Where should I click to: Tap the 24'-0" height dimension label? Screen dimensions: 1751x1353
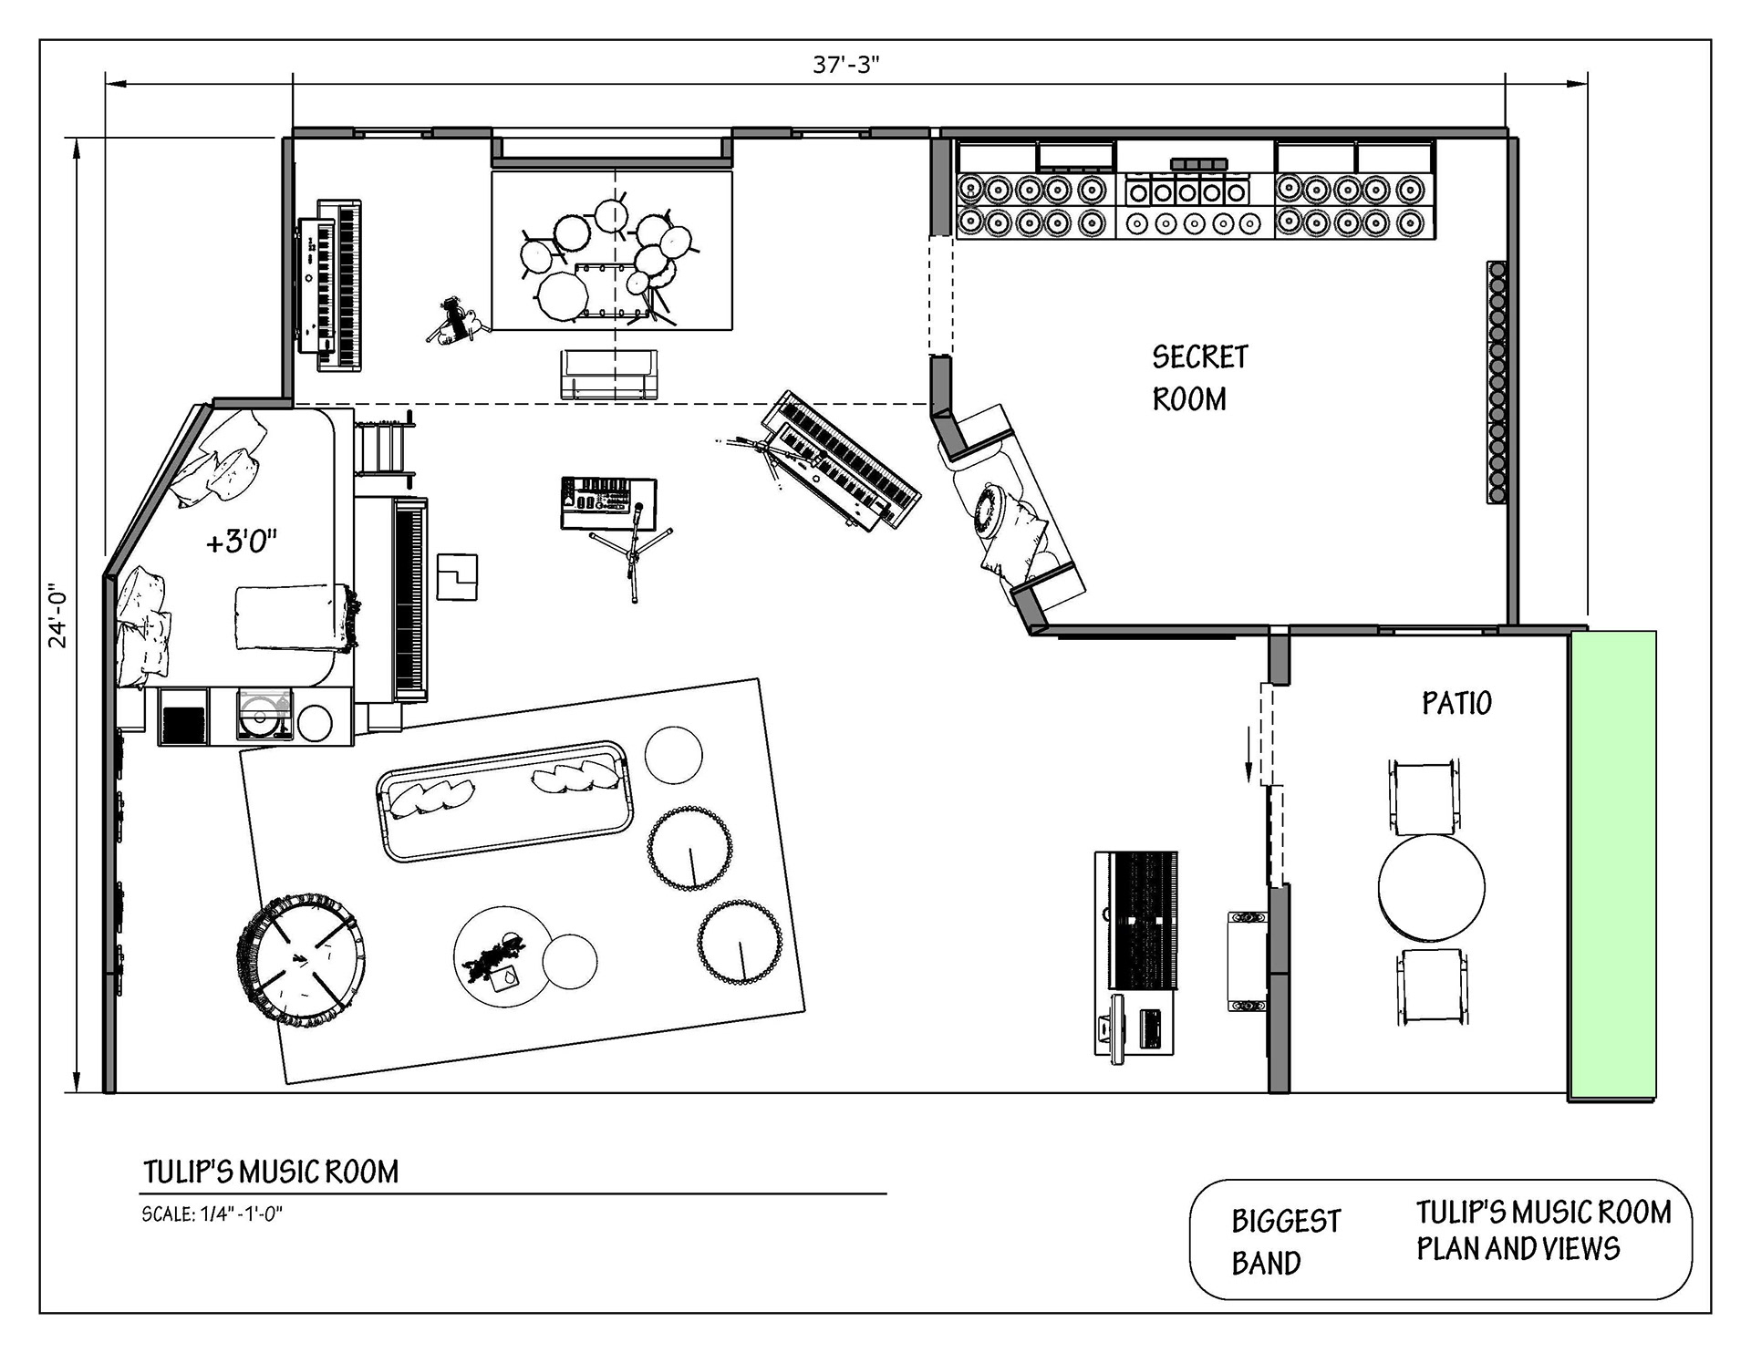(x=59, y=615)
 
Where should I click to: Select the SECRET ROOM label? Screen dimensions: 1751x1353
(x=1199, y=378)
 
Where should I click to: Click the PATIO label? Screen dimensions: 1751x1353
(x=1456, y=703)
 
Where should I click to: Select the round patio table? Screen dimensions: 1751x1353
(x=1431, y=888)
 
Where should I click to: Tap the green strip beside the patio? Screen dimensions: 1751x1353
(x=1612, y=865)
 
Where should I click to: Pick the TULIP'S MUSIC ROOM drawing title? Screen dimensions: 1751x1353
(x=271, y=1172)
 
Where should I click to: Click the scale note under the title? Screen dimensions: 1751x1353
(x=212, y=1214)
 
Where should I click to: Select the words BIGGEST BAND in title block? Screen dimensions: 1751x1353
(x=1286, y=1242)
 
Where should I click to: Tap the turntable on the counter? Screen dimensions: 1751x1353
(x=264, y=714)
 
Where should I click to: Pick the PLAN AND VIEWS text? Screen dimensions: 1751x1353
(x=1518, y=1248)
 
